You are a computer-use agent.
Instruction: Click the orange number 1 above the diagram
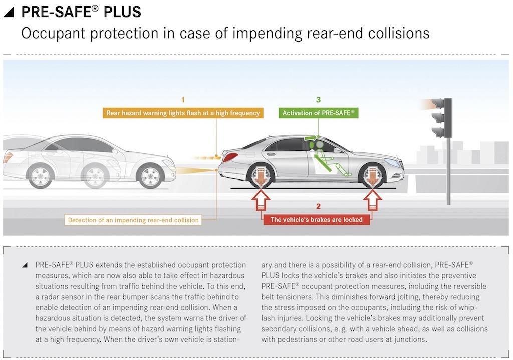pyautogui.click(x=183, y=99)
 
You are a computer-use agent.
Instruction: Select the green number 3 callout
pyautogui.click(x=318, y=99)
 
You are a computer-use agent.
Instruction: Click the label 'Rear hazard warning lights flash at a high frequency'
pyautogui.click(x=183, y=113)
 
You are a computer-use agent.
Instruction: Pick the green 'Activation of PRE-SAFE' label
pyautogui.click(x=319, y=113)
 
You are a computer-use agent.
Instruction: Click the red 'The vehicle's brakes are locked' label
pyautogui.click(x=317, y=219)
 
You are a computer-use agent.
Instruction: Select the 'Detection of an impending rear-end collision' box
pyautogui.click(x=133, y=220)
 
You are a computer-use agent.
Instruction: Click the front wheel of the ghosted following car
pyautogui.click(x=150, y=176)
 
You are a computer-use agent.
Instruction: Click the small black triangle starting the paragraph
pyautogui.click(x=25, y=265)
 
